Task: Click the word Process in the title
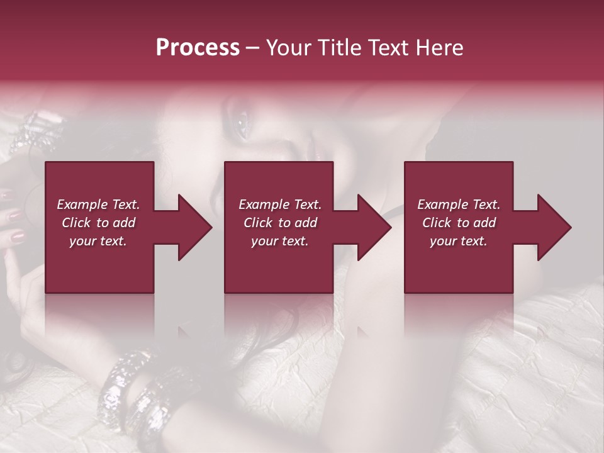(x=198, y=48)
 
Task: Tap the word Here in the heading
(x=440, y=48)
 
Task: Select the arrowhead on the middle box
(x=374, y=227)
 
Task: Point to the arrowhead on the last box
(x=554, y=227)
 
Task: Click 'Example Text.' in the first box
(x=98, y=204)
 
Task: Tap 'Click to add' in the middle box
(x=280, y=223)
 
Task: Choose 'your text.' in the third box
(x=458, y=241)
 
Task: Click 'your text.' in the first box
(x=98, y=241)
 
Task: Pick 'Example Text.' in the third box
(x=458, y=204)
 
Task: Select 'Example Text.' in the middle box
(x=280, y=204)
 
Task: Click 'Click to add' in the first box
(x=98, y=223)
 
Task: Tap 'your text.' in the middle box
(x=280, y=241)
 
